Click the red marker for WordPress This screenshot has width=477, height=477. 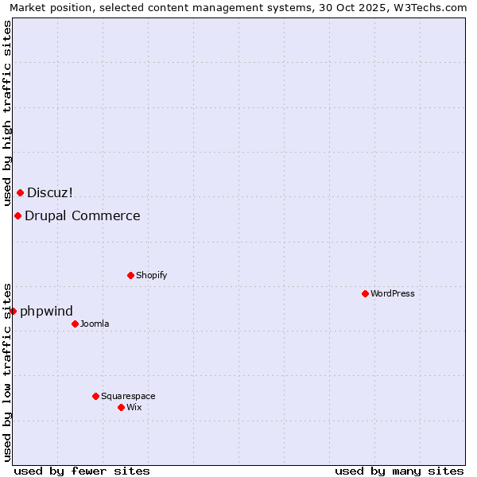coord(365,293)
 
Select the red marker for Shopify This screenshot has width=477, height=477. coord(130,275)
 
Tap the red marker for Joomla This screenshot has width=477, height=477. coord(75,324)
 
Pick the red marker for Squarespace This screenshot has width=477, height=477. coord(95,396)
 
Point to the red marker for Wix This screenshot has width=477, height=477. coord(121,407)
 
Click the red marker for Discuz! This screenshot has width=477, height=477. coord(20,192)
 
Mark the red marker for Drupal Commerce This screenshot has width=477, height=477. coord(17,215)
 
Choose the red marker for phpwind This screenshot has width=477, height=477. coord(13,311)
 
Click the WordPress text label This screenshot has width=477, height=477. coord(393,294)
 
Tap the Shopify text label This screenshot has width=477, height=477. coord(151,276)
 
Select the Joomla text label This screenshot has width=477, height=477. coord(95,324)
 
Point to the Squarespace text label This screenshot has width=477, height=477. coord(128,397)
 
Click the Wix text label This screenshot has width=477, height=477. coord(134,408)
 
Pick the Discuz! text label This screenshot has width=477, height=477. coord(50,192)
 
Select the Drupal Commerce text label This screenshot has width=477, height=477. coord(83,215)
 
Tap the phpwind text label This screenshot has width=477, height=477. coord(46,311)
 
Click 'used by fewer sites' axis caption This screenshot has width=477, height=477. coord(82,471)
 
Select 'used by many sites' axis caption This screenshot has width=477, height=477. coord(399,471)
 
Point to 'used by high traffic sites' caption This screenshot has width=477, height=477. coord(8,113)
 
